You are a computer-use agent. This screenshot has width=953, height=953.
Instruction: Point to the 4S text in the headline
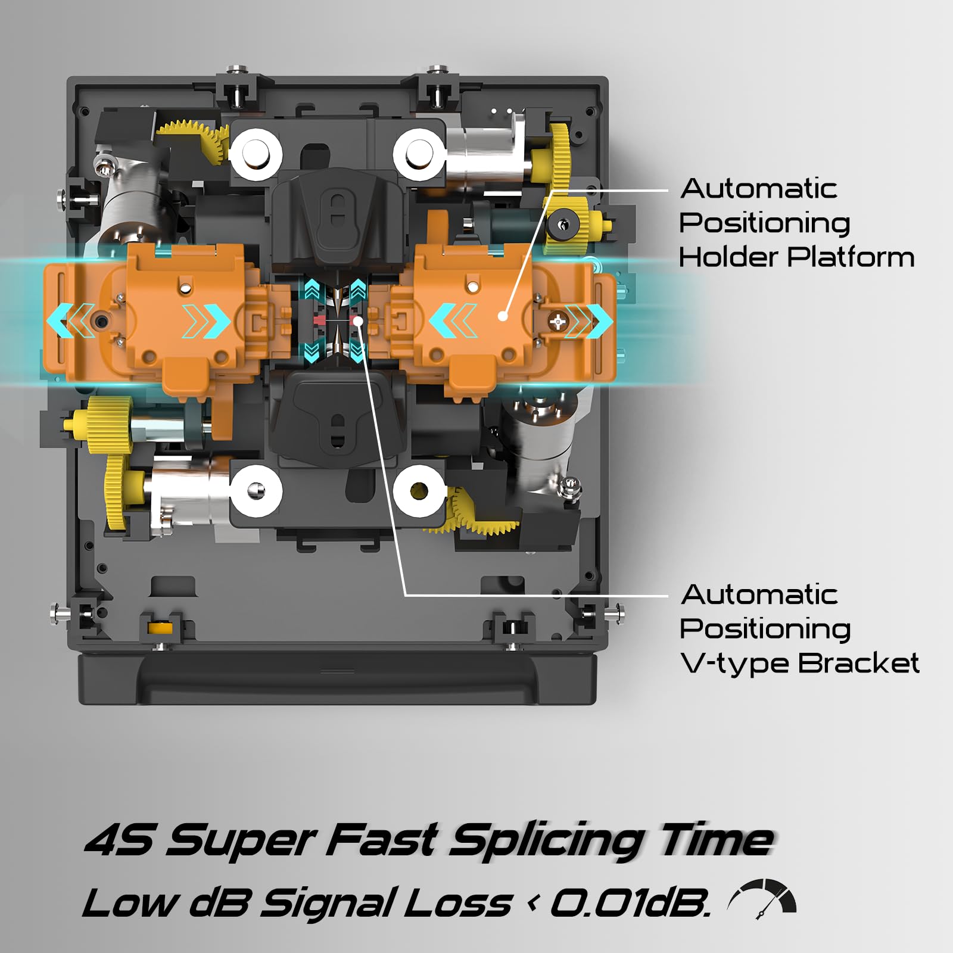pyautogui.click(x=119, y=839)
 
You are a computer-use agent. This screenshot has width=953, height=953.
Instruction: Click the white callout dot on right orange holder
pyautogui.click(x=503, y=316)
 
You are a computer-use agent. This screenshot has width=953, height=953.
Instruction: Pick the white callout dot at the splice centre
pyautogui.click(x=358, y=321)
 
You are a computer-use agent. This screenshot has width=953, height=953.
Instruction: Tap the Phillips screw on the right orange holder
pyautogui.click(x=558, y=322)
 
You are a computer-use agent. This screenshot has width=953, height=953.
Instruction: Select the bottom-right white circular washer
pyautogui.click(x=419, y=492)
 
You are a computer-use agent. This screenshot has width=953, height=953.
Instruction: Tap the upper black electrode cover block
pyautogui.click(x=337, y=218)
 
